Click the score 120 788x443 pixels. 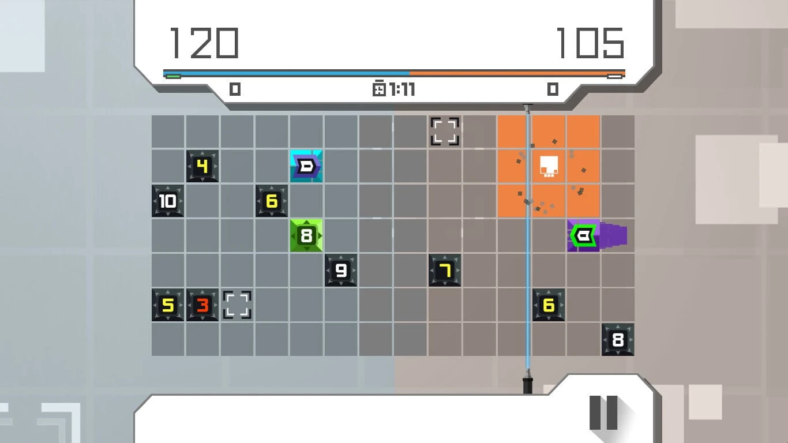point(204,43)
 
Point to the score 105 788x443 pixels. point(591,43)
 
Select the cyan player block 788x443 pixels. point(306,166)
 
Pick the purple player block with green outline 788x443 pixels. point(584,235)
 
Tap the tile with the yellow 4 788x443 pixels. point(202,166)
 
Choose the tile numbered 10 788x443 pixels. point(168,201)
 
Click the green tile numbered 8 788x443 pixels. point(306,235)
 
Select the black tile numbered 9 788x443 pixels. point(340,270)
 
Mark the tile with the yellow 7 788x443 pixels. point(445,270)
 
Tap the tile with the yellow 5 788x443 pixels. point(168,305)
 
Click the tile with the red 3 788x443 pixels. point(202,305)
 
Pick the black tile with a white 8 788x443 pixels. point(618,340)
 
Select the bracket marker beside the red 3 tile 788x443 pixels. point(237,305)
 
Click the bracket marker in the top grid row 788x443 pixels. point(445,132)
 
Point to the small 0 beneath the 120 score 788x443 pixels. point(235,89)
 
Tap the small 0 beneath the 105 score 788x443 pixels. point(553,89)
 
